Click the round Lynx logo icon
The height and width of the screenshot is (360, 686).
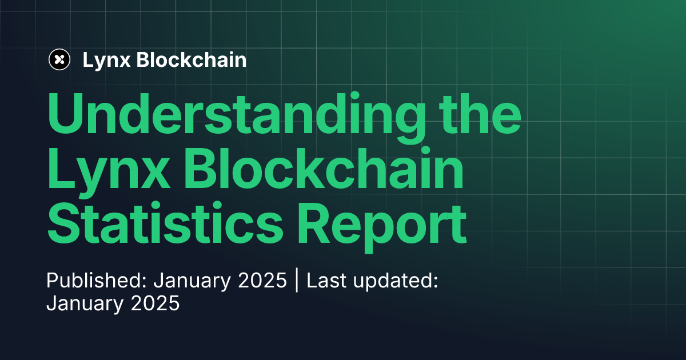point(59,59)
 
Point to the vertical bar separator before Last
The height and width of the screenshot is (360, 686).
point(297,281)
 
